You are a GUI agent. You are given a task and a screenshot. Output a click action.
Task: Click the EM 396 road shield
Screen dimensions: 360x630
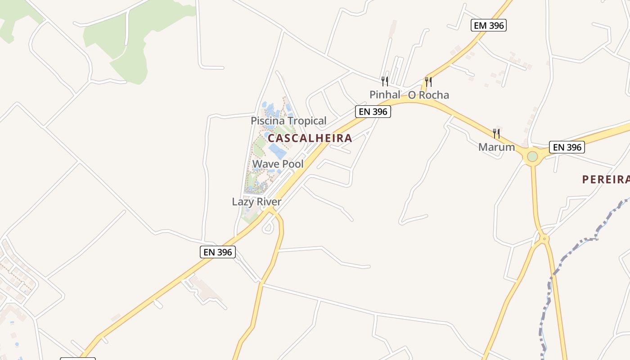[489, 25]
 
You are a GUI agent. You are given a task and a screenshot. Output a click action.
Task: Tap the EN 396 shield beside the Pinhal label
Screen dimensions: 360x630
[373, 112]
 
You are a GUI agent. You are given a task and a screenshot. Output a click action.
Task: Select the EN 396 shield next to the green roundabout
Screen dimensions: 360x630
[567, 147]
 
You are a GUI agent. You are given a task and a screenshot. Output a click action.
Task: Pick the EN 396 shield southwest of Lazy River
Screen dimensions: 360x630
[218, 252]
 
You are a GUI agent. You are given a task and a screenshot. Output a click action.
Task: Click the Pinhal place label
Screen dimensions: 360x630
[385, 94]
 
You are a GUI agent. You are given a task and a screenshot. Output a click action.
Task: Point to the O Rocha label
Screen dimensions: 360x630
[428, 95]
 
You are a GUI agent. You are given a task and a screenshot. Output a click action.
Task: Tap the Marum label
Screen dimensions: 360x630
[496, 147]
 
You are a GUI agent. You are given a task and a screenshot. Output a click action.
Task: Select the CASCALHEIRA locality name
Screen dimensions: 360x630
[310, 138]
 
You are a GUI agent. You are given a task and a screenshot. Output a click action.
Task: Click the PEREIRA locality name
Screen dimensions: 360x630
[606, 180]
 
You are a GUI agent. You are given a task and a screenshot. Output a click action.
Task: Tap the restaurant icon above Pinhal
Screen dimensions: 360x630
[385, 81]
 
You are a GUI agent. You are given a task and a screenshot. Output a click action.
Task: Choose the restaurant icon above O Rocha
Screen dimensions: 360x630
[428, 81]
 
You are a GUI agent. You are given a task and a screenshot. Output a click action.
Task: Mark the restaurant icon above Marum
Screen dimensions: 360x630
[496, 133]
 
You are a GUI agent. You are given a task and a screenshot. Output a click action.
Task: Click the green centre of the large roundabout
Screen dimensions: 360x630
[532, 157]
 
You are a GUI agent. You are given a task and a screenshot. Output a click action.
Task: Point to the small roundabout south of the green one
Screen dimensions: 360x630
[544, 238]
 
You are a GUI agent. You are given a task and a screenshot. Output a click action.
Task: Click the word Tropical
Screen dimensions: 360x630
[307, 121]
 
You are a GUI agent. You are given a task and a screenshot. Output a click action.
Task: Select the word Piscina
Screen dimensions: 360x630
[268, 121]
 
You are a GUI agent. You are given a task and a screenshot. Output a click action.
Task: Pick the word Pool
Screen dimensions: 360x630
[292, 164]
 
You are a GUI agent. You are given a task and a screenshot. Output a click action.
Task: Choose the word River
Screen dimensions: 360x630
[269, 202]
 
